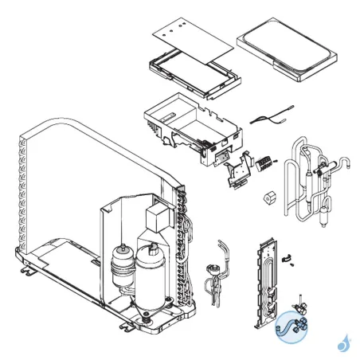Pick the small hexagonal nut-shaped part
pyautogui.click(x=268, y=194)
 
